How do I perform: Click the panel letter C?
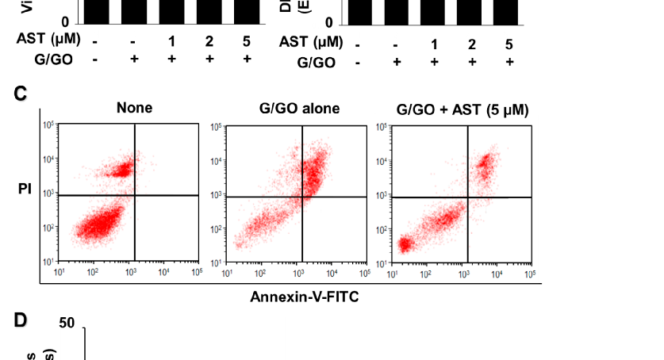21,94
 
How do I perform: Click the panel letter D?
21,320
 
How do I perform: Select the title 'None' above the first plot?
134,108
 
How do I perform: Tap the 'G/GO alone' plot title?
299,108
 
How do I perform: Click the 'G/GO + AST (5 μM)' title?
463,108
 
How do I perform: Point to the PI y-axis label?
25,190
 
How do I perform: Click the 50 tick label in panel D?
67,324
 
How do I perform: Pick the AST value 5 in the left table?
247,40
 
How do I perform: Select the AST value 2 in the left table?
209,40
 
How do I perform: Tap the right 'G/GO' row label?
316,62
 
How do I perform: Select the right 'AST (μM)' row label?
311,43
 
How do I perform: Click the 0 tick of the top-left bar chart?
67,23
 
